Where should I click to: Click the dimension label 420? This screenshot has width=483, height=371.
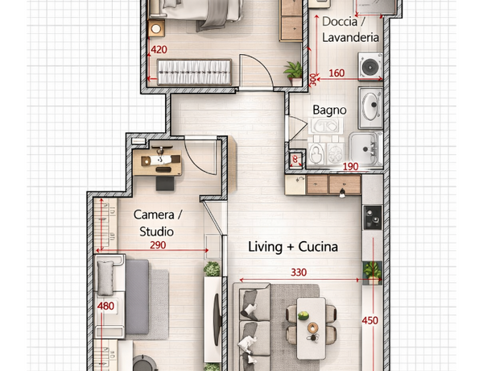coord(159,50)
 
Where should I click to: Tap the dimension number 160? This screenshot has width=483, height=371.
coord(336,73)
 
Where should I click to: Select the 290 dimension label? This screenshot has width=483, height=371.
coord(158,245)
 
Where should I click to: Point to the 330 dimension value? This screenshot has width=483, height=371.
coord(299,273)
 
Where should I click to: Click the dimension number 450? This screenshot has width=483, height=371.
coord(370,320)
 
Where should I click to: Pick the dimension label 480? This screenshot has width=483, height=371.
coord(105,306)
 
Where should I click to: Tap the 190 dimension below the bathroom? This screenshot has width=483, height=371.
coord(350,167)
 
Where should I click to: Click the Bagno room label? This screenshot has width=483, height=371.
coord(329,110)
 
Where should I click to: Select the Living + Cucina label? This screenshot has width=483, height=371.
coord(293,247)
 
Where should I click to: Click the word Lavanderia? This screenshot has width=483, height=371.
coord(350,38)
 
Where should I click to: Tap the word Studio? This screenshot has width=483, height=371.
coord(156,231)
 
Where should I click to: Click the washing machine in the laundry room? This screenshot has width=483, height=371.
coord(370,66)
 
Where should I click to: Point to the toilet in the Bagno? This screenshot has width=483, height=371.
coord(316,152)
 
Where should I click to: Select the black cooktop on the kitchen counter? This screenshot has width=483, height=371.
coord(373,217)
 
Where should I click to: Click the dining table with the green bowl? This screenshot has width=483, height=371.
coord(311,328)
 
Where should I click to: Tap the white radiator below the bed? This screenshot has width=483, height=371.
coord(194,73)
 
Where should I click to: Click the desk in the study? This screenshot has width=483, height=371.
coord(158,163)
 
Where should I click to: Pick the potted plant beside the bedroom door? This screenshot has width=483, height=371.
coord(294,73)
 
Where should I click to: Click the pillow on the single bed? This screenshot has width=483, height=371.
coord(105,277)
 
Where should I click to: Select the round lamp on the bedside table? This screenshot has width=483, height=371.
coord(156,29)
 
